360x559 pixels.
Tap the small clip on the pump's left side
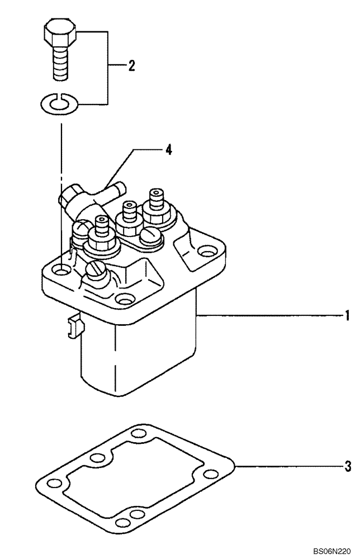tap(72, 326)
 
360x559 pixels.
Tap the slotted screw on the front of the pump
tap(93, 271)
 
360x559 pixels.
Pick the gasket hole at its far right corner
tap(211, 474)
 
